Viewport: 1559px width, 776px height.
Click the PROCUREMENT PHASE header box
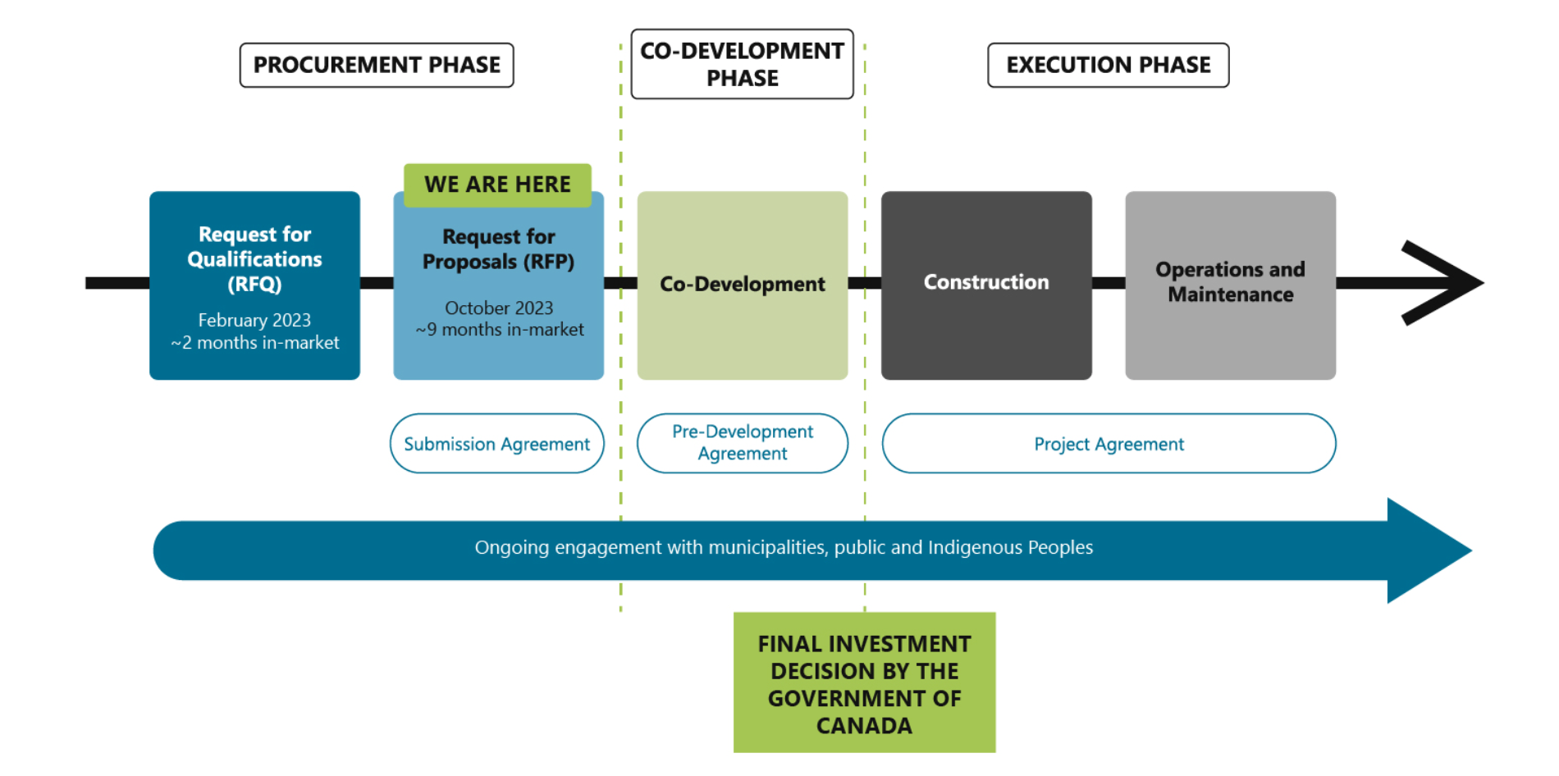377,65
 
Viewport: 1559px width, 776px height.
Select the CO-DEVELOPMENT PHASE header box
742,64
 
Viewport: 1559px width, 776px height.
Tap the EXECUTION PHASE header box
1108,65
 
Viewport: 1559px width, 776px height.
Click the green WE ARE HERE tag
497,185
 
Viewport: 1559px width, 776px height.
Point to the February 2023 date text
254,320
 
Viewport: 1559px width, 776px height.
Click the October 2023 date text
499,308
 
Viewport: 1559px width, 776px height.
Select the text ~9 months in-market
500,330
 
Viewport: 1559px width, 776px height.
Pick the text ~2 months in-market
254,343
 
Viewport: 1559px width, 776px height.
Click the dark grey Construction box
986,285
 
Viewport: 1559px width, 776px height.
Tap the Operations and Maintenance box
1230,285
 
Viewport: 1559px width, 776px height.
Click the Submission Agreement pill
496,444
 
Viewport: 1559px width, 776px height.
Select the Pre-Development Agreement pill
742,443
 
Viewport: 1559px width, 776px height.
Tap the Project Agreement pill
1109,444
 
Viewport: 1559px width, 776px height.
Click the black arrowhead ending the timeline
1444,282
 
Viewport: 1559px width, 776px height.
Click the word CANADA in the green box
864,726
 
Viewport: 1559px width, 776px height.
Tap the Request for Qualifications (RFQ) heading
254,258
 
